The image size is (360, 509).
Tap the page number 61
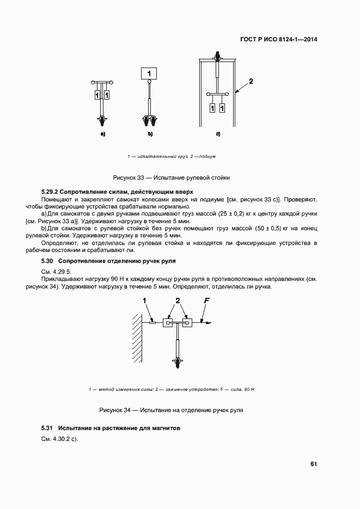(x=314, y=464)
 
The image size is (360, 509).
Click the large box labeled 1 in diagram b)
(x=149, y=73)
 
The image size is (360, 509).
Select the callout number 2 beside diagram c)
(x=251, y=82)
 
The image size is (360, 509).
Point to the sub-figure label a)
(x=102, y=133)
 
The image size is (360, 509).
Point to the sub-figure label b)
(x=150, y=133)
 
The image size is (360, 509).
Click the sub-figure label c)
(x=218, y=133)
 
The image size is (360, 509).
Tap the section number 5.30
(x=48, y=262)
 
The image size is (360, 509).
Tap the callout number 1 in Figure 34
(x=145, y=301)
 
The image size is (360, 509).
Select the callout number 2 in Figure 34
(x=178, y=301)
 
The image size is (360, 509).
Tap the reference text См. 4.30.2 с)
(x=60, y=439)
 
